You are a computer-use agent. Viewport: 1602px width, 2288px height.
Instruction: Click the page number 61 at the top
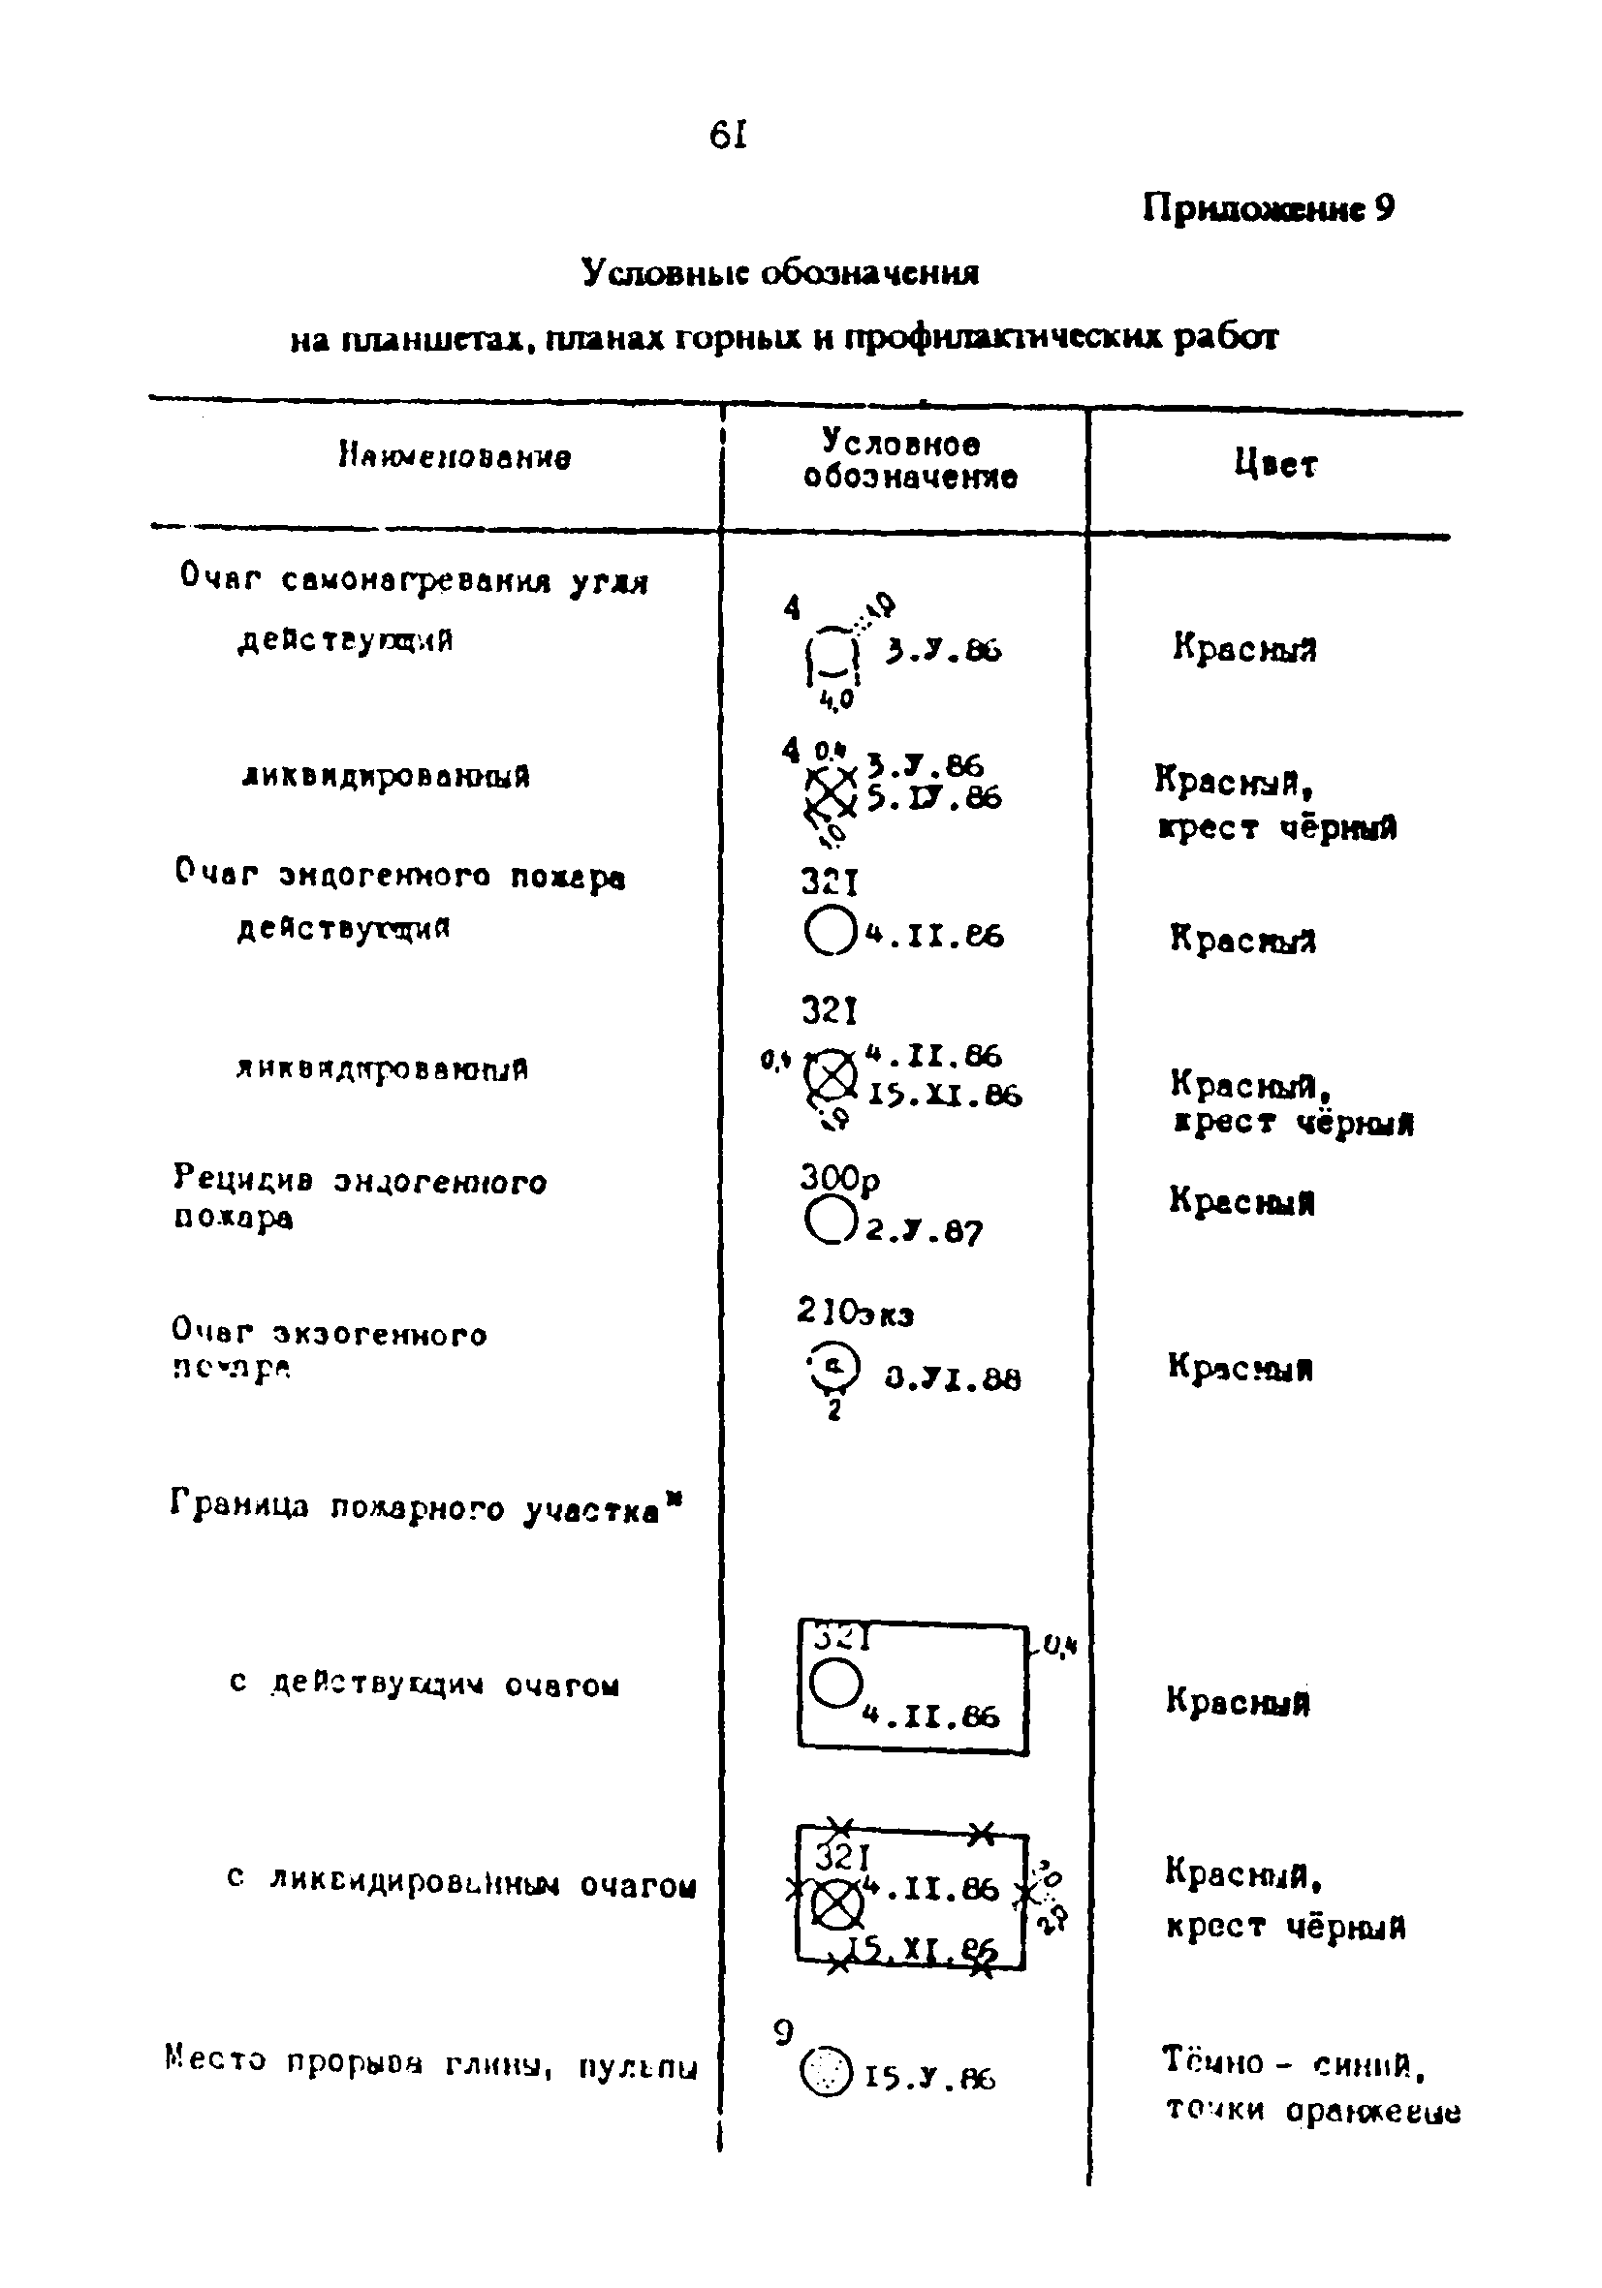(728, 135)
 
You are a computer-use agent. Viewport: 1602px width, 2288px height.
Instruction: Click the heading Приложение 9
(1268, 209)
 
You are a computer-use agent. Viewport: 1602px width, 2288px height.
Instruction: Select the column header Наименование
(455, 457)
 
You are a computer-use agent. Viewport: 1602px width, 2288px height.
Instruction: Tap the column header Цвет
(1275, 463)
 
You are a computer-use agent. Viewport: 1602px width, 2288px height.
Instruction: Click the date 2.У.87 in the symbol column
(924, 1232)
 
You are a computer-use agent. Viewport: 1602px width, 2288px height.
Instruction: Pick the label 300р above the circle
(840, 1179)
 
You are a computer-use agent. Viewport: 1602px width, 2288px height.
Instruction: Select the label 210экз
(856, 1313)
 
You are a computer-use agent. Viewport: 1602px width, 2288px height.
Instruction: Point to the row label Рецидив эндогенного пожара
(359, 1199)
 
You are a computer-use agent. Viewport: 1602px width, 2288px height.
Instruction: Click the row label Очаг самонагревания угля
(414, 580)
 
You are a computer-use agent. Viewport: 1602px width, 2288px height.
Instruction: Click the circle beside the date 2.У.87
(830, 1221)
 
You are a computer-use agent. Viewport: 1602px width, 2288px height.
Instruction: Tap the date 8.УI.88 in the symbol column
(953, 1379)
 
